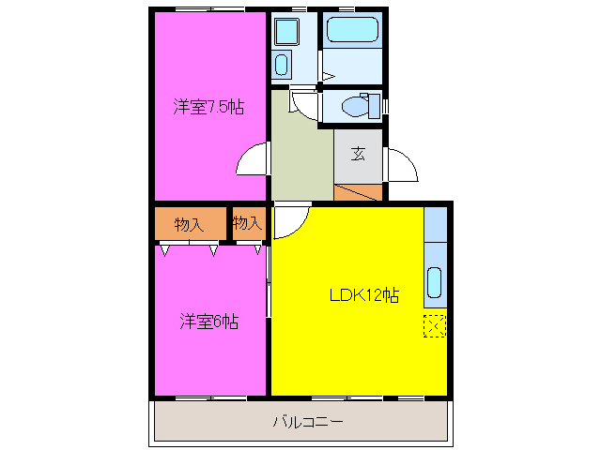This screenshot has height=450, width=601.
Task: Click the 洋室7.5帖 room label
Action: point(208,107)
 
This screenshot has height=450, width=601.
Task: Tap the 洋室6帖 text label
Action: point(208,322)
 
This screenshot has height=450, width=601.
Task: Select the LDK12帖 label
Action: point(363,295)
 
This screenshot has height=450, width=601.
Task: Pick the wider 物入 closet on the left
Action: point(190,224)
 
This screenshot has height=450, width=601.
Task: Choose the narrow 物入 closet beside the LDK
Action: point(247,223)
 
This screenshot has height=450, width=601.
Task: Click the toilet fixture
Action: point(360,105)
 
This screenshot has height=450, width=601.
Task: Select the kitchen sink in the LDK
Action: point(435,281)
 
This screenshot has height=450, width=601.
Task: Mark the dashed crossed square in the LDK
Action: point(434,326)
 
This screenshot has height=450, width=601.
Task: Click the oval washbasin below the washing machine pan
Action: point(283,65)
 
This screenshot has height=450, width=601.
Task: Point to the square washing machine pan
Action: point(285,32)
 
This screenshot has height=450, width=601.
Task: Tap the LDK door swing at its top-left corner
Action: point(290,221)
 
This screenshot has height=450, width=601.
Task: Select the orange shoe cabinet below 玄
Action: point(359,192)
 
